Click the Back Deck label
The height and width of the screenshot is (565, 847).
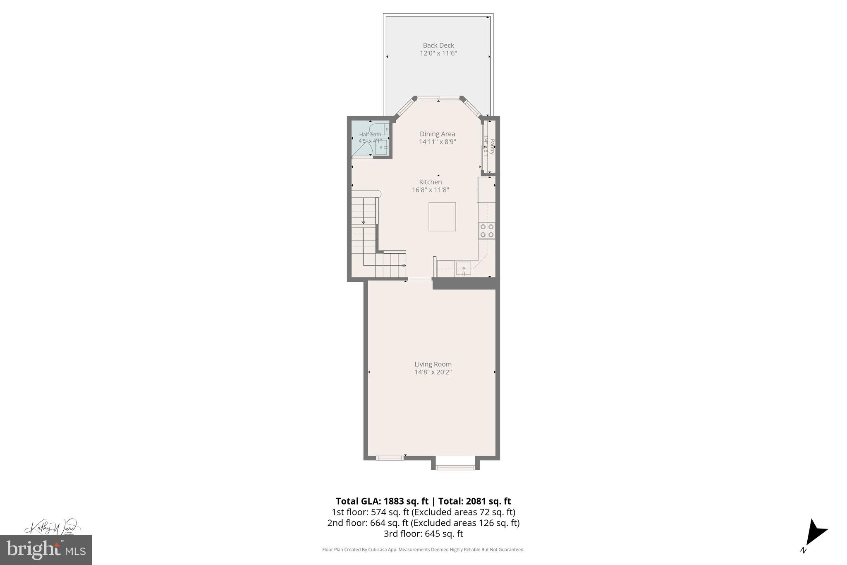438,46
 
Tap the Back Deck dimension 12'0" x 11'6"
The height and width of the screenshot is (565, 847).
438,53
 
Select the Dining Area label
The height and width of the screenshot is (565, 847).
437,134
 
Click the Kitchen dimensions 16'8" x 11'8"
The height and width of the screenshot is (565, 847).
430,190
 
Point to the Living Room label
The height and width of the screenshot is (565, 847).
433,364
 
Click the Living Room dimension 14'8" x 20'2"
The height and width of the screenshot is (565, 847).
433,372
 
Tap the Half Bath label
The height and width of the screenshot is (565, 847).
370,135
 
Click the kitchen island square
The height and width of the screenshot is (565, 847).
442,216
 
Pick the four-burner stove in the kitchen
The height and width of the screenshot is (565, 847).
486,231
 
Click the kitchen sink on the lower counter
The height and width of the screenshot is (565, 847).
463,269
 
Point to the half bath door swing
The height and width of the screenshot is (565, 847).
362,149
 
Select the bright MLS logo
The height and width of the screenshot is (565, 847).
45,550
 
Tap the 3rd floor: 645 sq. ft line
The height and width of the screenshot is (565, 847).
423,534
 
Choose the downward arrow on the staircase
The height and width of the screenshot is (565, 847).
364,222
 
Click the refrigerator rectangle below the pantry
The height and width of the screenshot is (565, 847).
486,190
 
